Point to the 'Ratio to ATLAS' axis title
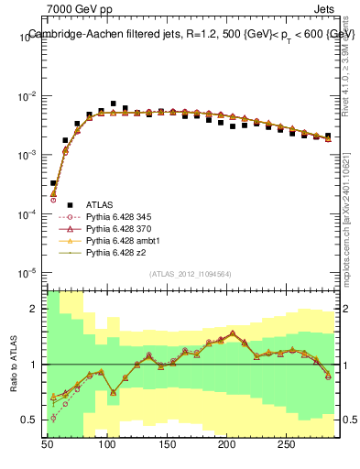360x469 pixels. pos(14,362)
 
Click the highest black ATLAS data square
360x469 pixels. pos(113,104)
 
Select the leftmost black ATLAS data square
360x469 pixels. pos(53,183)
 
